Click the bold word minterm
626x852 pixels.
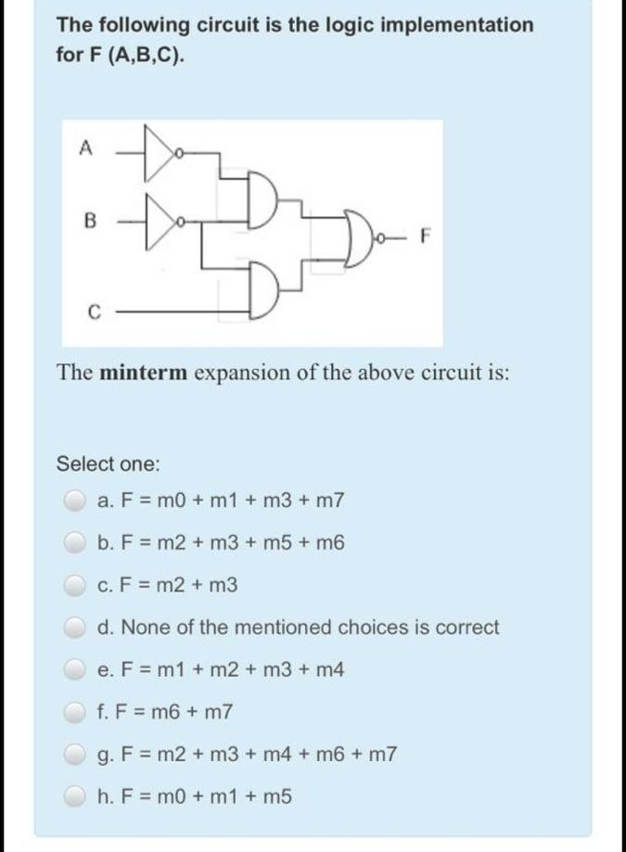143,373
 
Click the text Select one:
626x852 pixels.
108,463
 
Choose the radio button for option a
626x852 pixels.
75,501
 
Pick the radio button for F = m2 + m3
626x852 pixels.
75,585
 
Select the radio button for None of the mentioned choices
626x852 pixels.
75,628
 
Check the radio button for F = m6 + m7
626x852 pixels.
75,713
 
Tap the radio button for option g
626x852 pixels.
75,755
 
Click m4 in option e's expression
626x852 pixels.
331,670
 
